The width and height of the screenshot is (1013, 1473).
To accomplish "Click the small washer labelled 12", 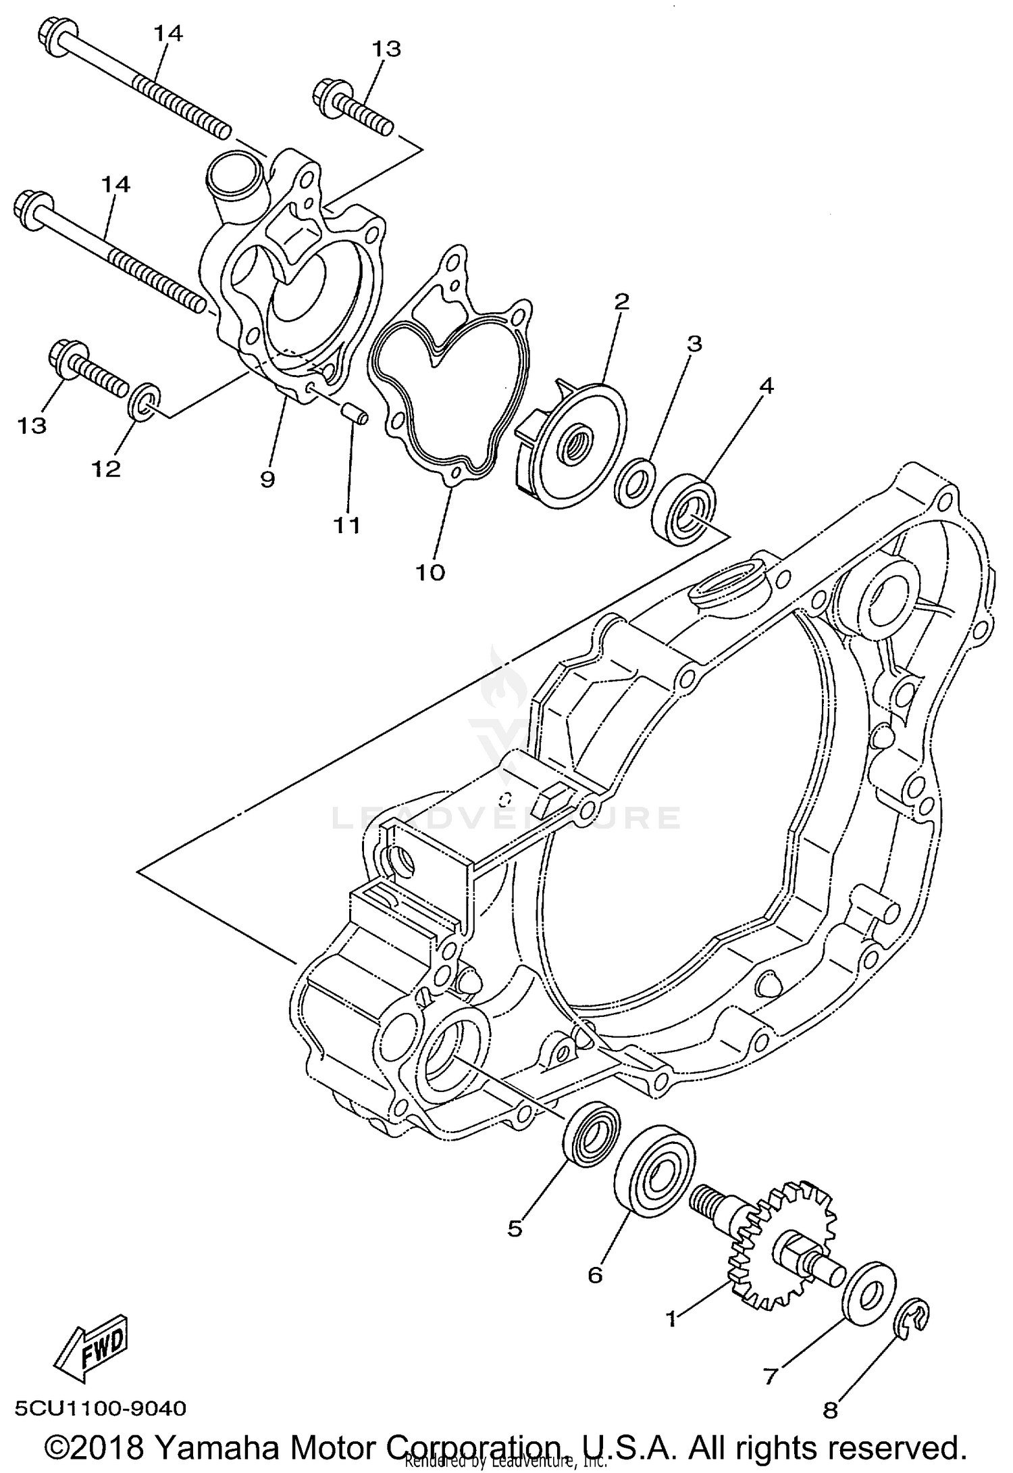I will [x=144, y=401].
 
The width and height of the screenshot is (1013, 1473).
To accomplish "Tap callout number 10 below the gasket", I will [x=431, y=572].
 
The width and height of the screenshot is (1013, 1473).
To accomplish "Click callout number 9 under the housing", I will [x=267, y=480].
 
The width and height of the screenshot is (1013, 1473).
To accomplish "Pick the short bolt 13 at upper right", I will [x=355, y=107].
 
